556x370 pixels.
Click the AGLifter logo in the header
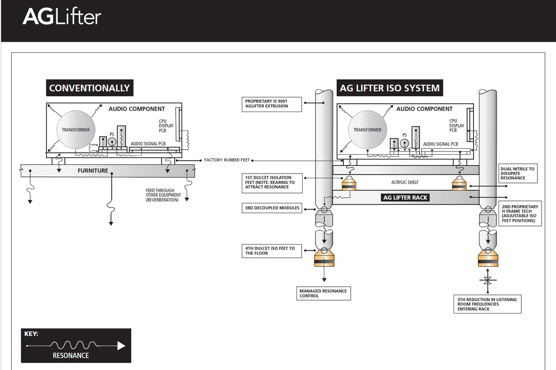(62, 17)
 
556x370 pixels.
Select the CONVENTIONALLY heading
(89, 88)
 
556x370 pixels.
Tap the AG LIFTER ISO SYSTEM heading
(390, 88)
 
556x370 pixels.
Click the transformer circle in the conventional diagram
(76, 130)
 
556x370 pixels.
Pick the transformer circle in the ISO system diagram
(367, 130)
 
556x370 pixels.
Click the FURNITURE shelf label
(93, 171)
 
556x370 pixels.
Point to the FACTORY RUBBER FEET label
(227, 160)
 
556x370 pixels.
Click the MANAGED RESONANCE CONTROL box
(323, 293)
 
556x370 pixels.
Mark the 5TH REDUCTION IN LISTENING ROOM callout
(487, 304)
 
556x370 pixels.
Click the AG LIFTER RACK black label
(405, 197)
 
